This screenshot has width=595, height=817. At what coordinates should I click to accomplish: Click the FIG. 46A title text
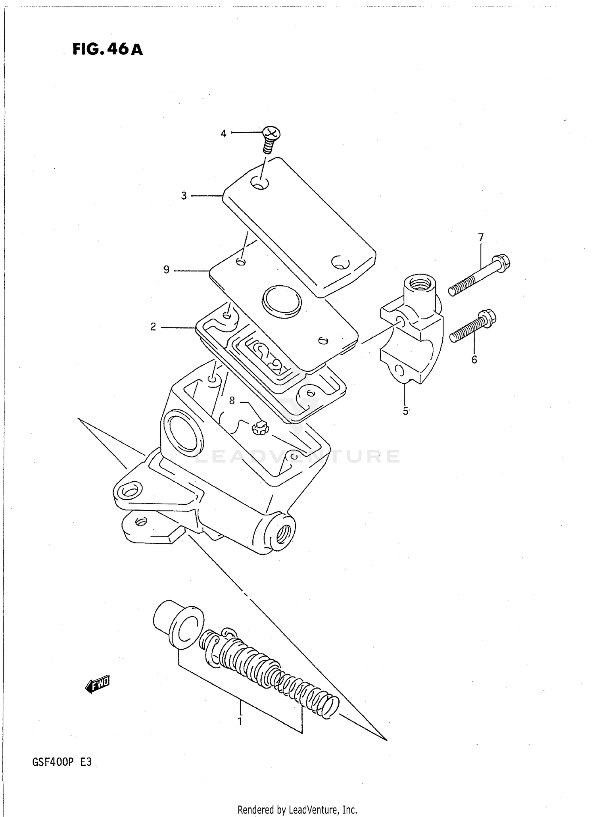tap(107, 50)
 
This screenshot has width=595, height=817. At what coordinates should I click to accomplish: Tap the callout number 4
tap(223, 134)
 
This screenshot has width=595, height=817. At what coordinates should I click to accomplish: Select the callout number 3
tap(184, 196)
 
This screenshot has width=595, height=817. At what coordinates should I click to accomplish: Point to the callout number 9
tap(167, 270)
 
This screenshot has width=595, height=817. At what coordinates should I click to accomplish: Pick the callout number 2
tap(153, 327)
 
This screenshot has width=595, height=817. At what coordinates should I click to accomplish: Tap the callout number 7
tap(481, 238)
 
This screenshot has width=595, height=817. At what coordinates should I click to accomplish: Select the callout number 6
tap(474, 360)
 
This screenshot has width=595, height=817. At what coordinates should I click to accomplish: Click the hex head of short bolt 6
tap(488, 318)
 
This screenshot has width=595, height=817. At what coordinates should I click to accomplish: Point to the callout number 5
tap(405, 411)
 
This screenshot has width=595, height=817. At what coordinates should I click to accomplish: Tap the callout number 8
tap(232, 401)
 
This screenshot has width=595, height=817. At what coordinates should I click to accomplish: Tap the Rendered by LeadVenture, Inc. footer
tap(297, 809)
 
